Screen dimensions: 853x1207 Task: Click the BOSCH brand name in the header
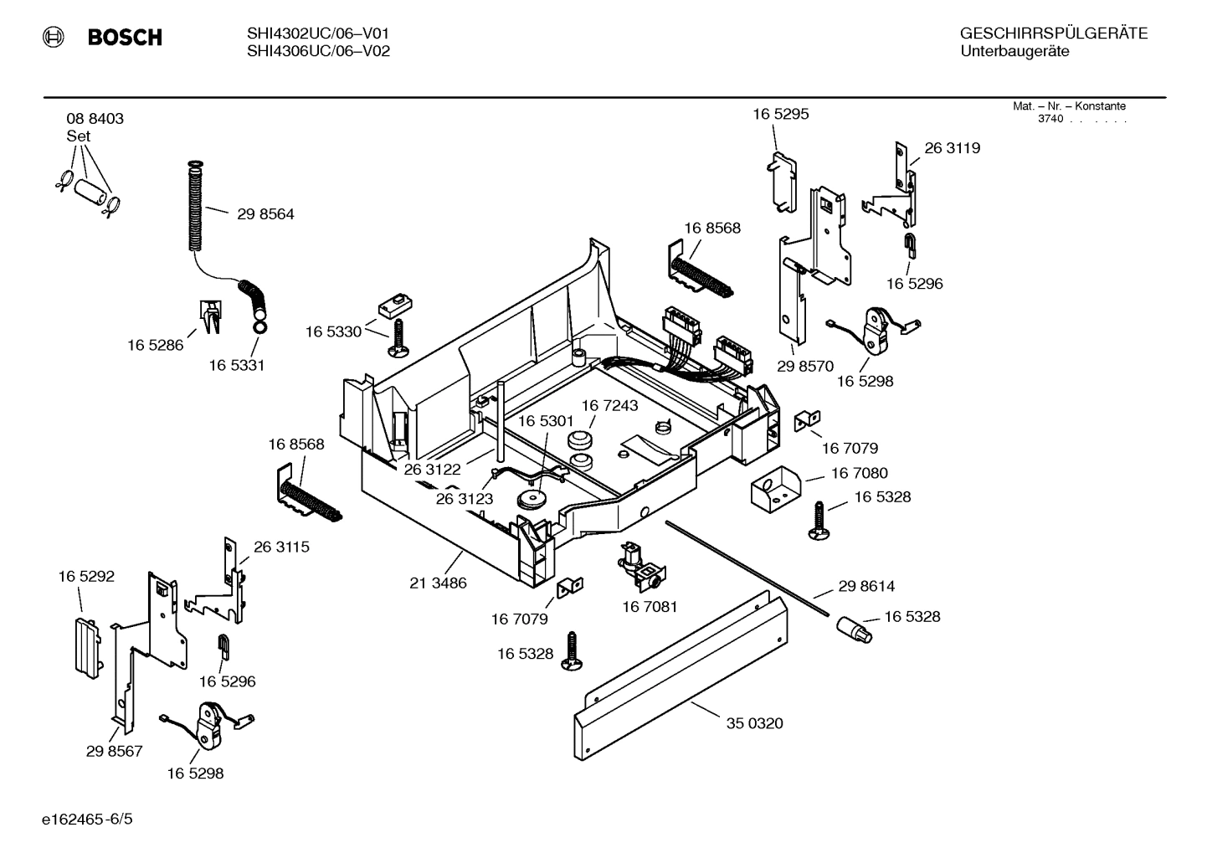(124, 37)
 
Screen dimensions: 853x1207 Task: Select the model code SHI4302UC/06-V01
(318, 33)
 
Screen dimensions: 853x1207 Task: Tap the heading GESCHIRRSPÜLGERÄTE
(1053, 33)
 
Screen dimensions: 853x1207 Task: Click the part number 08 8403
(95, 119)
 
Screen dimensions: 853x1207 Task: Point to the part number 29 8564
(265, 214)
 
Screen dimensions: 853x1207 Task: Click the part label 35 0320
(754, 723)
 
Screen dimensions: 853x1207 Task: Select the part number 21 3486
(438, 583)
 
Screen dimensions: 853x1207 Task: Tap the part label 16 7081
(650, 606)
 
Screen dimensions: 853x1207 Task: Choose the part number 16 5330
(333, 332)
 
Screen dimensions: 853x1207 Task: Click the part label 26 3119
(952, 148)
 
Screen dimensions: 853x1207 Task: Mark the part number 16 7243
(609, 406)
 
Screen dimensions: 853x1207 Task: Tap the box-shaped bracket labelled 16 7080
(774, 489)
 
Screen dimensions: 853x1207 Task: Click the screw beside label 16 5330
(398, 338)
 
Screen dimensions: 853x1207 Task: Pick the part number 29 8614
(866, 587)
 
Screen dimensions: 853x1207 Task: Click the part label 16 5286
(155, 345)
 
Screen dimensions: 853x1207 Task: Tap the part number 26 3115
(281, 547)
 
